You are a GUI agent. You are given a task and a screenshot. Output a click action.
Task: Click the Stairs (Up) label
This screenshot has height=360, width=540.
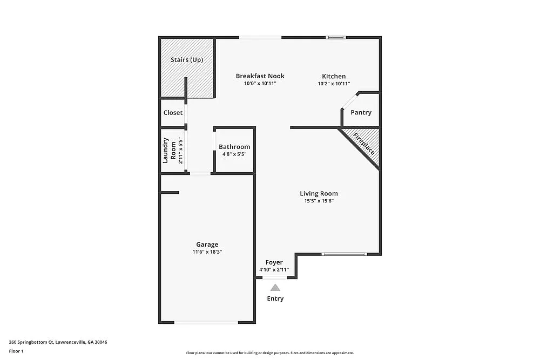pos(187,60)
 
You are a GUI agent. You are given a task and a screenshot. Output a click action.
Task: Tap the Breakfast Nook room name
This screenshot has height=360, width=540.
pos(260,76)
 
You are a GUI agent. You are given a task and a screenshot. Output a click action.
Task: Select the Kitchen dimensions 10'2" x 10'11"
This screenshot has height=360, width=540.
pos(334,84)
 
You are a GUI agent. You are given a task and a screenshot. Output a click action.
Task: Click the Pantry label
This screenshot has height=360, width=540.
pos(361,113)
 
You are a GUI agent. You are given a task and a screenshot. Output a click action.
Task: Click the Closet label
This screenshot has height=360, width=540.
pos(173,113)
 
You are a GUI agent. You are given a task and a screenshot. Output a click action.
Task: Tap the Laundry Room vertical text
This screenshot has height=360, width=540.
pos(170,151)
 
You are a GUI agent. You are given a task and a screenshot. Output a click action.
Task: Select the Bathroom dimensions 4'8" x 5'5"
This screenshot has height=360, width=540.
pos(234,154)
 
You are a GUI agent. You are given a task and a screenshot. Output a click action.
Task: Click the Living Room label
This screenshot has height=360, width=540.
pos(319,193)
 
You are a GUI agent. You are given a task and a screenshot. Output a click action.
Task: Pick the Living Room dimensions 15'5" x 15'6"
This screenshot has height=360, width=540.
pos(319,201)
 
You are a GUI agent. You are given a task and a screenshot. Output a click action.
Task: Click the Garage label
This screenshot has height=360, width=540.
pos(207,244)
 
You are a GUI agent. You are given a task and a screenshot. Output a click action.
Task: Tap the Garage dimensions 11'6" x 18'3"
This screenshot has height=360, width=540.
pos(207,252)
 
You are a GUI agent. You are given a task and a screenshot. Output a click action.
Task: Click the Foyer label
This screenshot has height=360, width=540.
pos(274,262)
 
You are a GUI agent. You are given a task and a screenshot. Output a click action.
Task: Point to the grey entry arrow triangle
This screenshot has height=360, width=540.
pos(275,288)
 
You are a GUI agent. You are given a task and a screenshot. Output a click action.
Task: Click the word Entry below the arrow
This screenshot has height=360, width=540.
pos(275,298)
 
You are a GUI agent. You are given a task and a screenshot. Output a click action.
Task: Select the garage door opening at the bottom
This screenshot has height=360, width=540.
pos(206,322)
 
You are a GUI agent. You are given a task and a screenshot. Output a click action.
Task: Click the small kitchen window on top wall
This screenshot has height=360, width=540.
pos(336,37)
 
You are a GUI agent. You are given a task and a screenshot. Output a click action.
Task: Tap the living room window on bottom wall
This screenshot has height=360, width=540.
pos(344,254)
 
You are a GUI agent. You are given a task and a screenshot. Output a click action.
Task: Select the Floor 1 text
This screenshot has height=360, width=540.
pos(16,351)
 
